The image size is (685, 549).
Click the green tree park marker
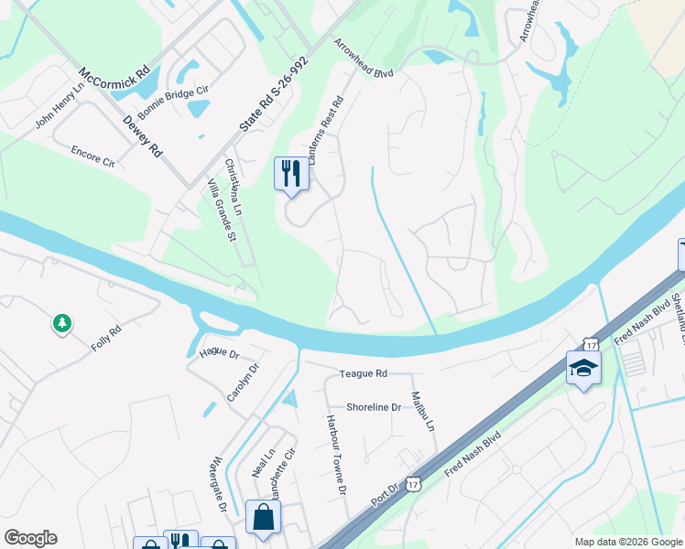62,324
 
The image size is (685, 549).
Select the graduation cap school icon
583,368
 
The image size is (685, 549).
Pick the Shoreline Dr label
374,407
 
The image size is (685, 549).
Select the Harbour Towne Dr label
333,454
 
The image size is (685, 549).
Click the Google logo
30,538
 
